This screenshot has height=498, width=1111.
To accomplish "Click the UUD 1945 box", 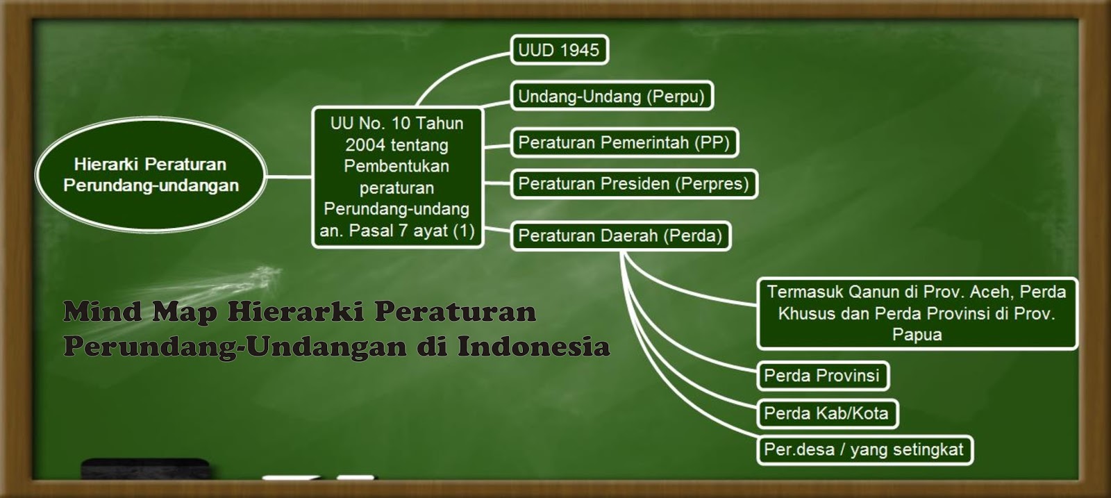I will (559, 50).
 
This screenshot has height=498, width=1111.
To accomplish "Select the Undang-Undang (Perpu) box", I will (611, 96).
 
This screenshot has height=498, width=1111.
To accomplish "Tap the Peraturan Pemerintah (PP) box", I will (624, 142).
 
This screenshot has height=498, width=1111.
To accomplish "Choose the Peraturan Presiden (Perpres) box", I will (633, 183).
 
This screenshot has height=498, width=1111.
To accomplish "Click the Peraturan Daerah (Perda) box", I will (620, 235).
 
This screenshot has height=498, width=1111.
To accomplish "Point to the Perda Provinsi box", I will (821, 376).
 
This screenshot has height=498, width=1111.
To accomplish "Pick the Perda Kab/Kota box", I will (826, 413).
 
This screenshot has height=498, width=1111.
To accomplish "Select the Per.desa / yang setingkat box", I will (864, 449).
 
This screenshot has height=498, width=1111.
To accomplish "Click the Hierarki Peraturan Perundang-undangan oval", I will (151, 174).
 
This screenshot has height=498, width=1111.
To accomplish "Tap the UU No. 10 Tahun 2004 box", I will (396, 177).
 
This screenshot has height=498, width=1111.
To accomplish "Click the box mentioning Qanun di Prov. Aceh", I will (917, 313).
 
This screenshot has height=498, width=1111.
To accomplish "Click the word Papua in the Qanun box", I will (917, 335).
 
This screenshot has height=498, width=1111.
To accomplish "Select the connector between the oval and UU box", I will (289, 176).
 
